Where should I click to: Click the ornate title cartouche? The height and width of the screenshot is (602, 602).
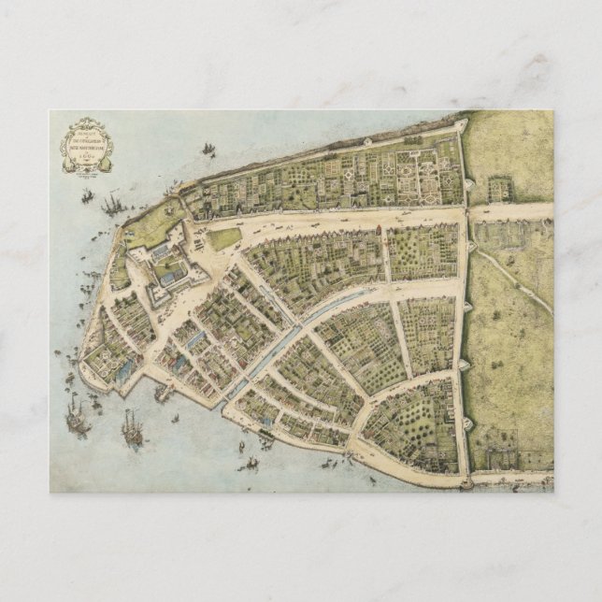[87, 146]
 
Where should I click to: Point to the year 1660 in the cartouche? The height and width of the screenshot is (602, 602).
[87, 162]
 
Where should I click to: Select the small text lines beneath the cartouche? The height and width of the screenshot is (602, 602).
[87, 177]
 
